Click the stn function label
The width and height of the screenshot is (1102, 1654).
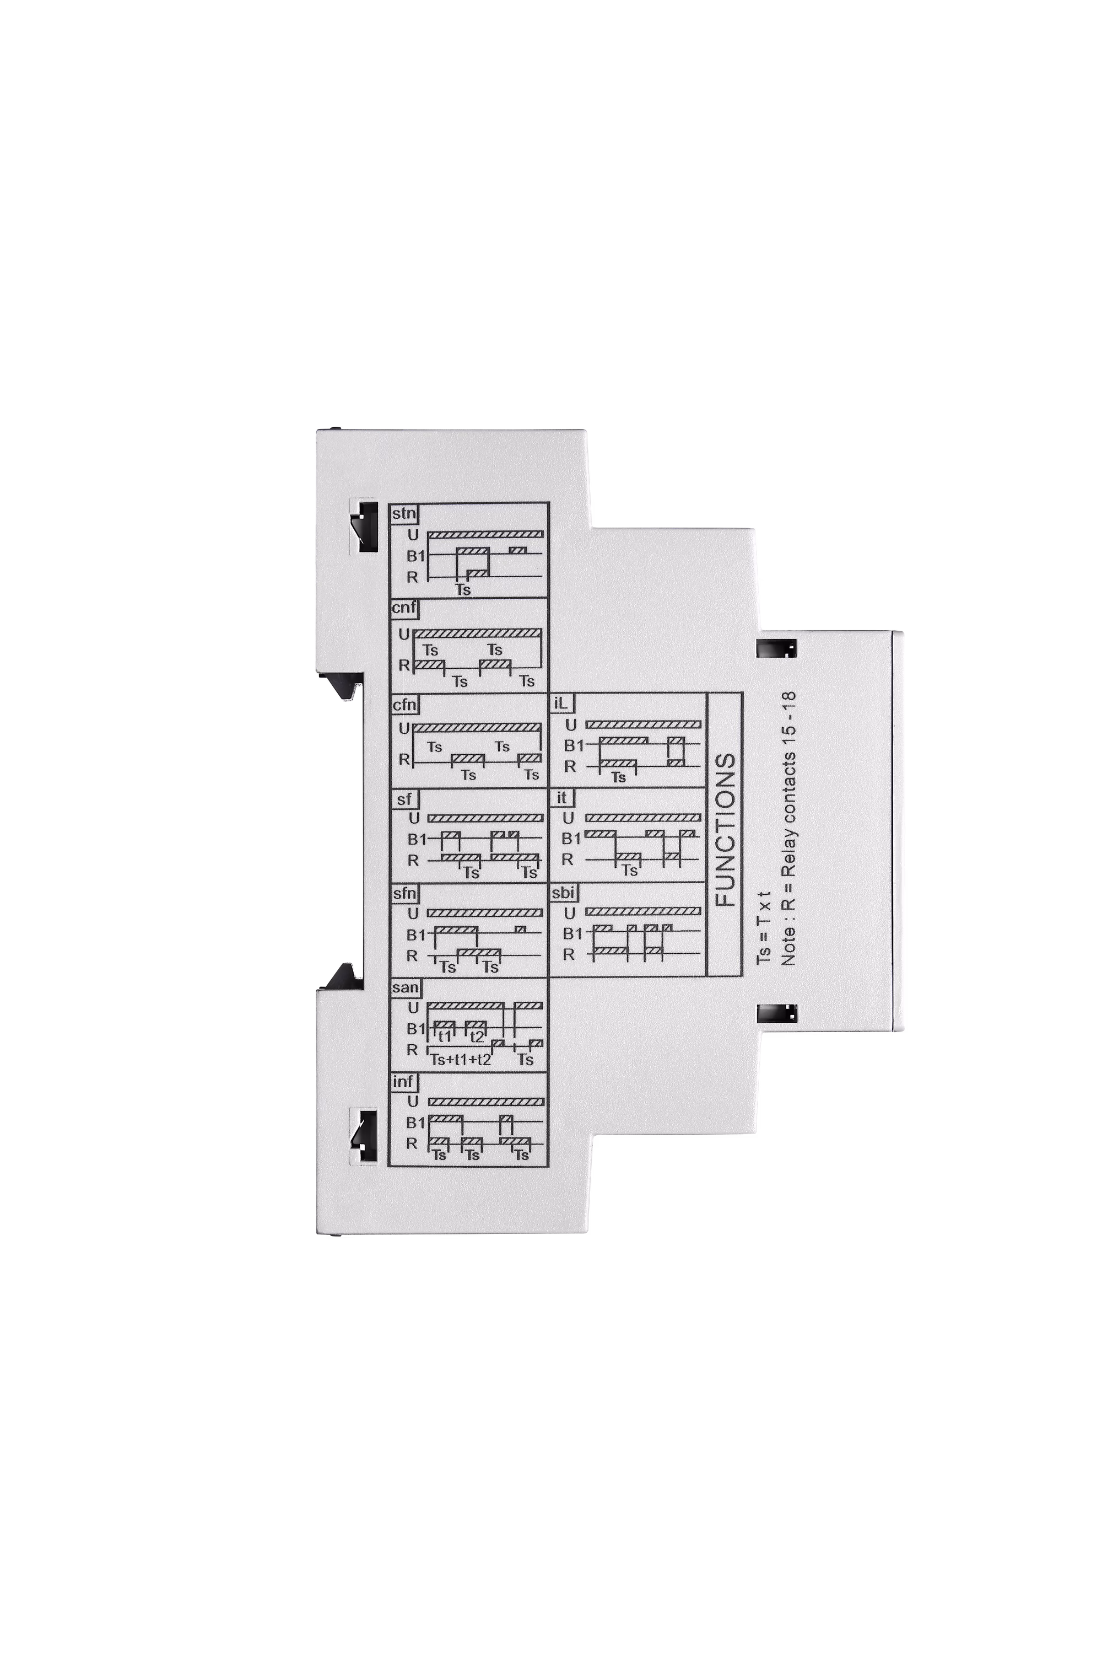pyautogui.click(x=404, y=514)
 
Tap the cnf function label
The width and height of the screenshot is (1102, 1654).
pyautogui.click(x=404, y=608)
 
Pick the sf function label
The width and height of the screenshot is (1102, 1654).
pyautogui.click(x=404, y=799)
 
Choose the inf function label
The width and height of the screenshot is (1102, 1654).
pyautogui.click(x=403, y=1082)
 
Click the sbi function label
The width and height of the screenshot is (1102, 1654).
pyautogui.click(x=564, y=893)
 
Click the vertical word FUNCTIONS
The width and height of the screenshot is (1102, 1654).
pyautogui.click(x=725, y=830)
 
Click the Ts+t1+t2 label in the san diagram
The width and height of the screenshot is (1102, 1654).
pyautogui.click(x=460, y=1060)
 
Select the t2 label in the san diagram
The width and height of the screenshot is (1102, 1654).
pyautogui.click(x=477, y=1037)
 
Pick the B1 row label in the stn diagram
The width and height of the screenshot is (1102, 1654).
pyautogui.click(x=415, y=556)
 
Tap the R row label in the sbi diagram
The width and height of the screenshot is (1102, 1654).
pyautogui.click(x=569, y=954)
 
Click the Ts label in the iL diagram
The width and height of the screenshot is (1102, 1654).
pyautogui.click(x=618, y=777)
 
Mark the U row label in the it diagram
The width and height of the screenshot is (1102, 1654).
pyautogui.click(x=569, y=818)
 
